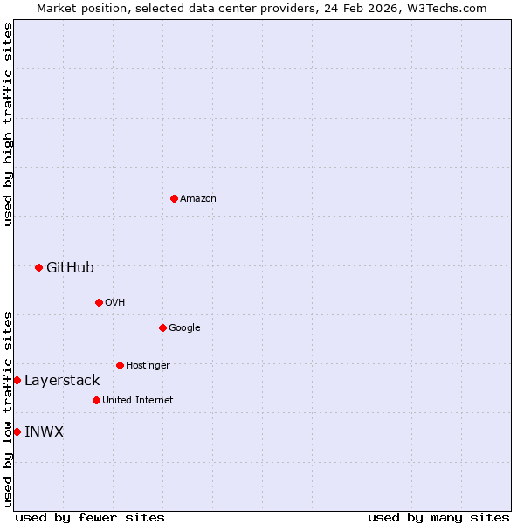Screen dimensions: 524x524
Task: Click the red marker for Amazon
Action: click(x=174, y=199)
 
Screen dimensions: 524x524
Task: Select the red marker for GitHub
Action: click(x=38, y=267)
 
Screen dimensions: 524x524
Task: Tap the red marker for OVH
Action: click(x=99, y=302)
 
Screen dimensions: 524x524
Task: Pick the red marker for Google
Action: click(x=162, y=327)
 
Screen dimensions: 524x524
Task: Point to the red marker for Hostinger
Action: click(x=120, y=365)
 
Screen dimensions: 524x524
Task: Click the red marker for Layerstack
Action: click(x=17, y=380)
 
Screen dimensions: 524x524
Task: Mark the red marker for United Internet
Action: click(x=96, y=400)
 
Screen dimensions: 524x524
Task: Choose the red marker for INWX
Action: click(x=17, y=431)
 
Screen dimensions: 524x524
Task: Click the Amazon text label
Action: click(x=198, y=199)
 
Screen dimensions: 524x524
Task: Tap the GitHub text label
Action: click(x=70, y=267)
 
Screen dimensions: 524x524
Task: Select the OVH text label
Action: click(x=115, y=302)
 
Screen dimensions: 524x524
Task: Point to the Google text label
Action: click(x=184, y=327)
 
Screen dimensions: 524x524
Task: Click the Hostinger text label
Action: click(x=148, y=365)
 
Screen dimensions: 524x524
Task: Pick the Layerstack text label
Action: click(x=62, y=380)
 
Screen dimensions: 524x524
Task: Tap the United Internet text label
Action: click(x=137, y=400)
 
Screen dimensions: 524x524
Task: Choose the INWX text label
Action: click(x=44, y=431)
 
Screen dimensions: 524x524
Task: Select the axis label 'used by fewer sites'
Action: click(x=90, y=517)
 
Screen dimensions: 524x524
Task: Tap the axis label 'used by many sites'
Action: click(x=438, y=517)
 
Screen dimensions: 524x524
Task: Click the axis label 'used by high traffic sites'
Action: click(x=8, y=124)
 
